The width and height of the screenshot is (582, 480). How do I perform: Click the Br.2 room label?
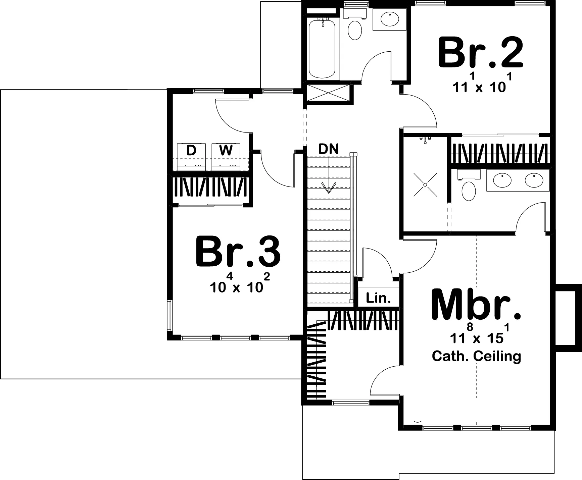pos(481,53)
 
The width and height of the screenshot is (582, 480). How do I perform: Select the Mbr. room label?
pos(476,304)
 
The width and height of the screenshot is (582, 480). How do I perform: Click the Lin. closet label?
pos(378,298)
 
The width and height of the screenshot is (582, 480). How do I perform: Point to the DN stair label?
pos(329,149)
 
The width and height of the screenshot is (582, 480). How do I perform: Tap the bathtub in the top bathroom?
pos(322,49)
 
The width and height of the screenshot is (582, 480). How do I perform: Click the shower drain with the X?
pos(425,184)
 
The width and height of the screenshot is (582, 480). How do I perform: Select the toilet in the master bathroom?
pos(469,186)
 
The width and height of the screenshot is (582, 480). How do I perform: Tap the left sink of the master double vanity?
pos(502,180)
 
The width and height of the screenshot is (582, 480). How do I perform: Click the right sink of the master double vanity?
pos(534,180)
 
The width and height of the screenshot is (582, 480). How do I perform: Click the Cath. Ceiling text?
pos(476,356)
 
